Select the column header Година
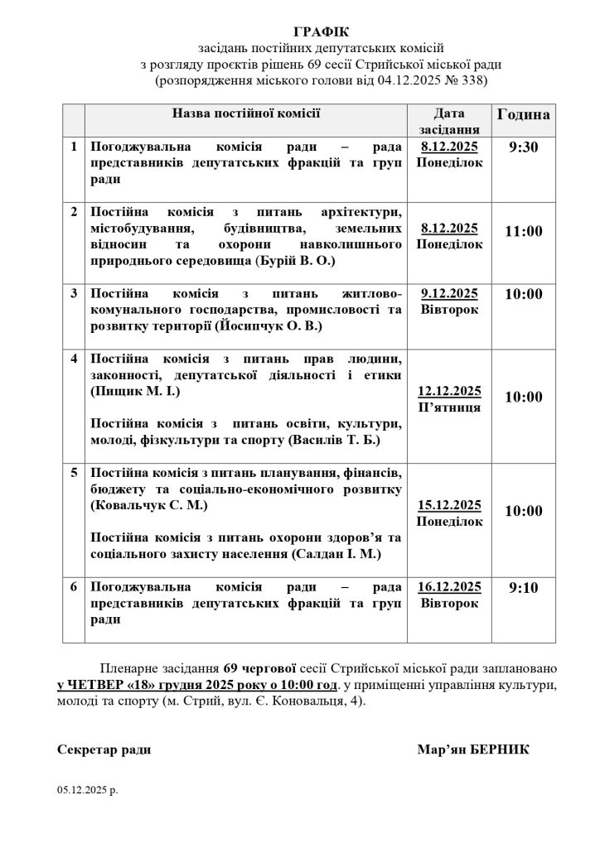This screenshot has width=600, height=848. click(523, 115)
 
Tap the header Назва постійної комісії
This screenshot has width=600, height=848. click(246, 113)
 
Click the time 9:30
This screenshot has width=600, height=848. click(523, 147)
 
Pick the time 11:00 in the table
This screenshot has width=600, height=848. click(523, 231)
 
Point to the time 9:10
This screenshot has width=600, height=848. click(523, 588)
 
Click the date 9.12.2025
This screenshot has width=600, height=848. click(449, 293)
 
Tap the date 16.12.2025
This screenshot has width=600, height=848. click(449, 587)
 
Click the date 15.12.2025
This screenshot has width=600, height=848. click(449, 505)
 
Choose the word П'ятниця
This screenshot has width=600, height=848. click(449, 407)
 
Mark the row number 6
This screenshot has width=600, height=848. click(74, 587)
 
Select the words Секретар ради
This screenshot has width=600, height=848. click(104, 749)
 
